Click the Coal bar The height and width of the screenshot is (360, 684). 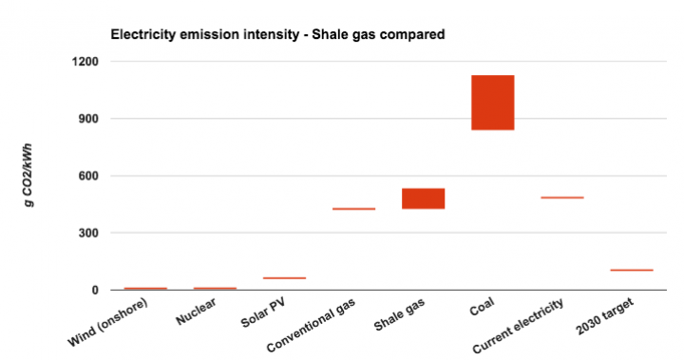tap(492, 102)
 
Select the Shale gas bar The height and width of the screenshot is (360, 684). tap(423, 198)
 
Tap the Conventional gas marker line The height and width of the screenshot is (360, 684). tap(353, 209)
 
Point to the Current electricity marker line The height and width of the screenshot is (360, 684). tap(561, 198)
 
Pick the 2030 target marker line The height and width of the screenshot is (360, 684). tap(631, 270)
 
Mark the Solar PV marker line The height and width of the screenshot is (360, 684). tap(284, 278)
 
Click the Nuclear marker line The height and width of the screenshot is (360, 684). tap(215, 288)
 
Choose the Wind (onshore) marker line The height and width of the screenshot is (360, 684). tap(145, 288)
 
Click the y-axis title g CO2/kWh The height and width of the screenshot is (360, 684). tap(35, 176)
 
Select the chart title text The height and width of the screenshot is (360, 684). tap(278, 35)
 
